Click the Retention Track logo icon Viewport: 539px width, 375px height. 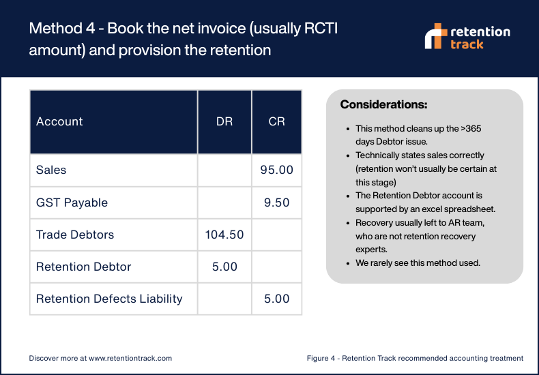click(435, 36)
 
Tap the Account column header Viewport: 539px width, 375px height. click(59, 121)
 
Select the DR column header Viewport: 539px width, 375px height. click(224, 121)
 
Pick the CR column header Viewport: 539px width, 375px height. click(276, 121)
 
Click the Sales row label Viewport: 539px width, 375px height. click(51, 170)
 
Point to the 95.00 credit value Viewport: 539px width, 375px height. click(276, 170)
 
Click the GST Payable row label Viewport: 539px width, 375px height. click(72, 202)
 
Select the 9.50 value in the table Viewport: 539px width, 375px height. click(276, 202)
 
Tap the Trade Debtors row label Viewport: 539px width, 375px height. click(75, 235)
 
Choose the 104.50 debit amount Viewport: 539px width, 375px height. click(224, 235)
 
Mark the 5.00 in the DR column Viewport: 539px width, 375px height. click(224, 267)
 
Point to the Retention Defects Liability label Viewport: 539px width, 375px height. click(109, 299)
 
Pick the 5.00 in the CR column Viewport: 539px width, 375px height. click(276, 299)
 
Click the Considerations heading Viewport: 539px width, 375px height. click(383, 105)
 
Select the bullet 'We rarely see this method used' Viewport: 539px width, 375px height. click(418, 262)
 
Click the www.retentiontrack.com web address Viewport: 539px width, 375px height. click(130, 358)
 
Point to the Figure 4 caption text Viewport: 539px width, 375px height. click(415, 358)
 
